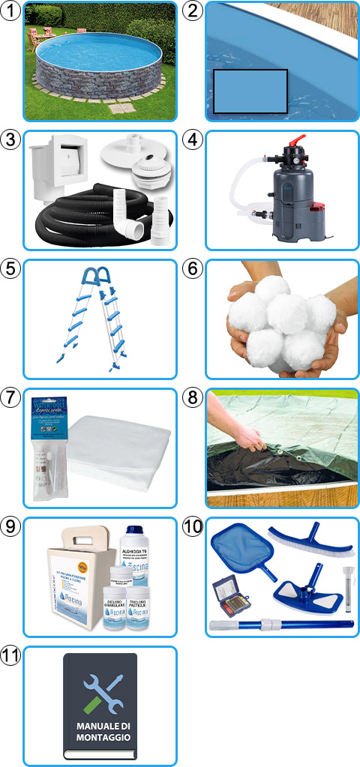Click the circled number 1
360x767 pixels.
pos(10,10)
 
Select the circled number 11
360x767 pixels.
pos(10,656)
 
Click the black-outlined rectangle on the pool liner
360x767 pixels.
pos(250,91)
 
